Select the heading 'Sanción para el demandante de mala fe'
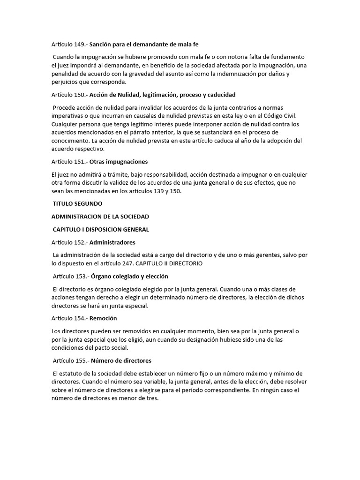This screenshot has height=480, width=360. point(144,45)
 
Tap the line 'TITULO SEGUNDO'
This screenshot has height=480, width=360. point(77,203)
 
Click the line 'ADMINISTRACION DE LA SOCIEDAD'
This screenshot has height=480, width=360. point(100,217)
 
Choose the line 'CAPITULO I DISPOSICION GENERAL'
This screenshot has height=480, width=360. point(101,229)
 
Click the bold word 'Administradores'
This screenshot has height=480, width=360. point(112,242)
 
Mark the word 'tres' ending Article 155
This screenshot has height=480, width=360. point(154,398)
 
